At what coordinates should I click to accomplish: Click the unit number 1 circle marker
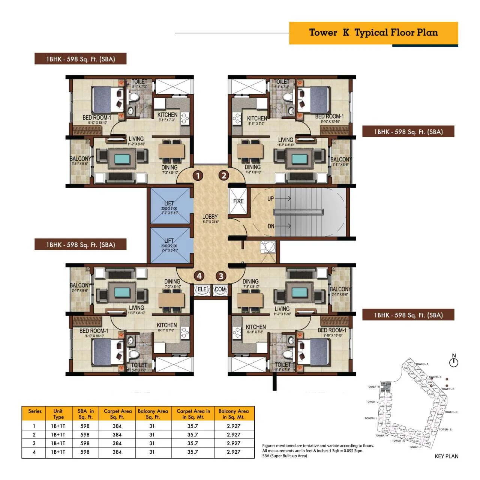click(198, 175)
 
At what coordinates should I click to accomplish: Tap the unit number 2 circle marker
click(224, 175)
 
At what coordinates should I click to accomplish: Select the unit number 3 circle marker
click(221, 276)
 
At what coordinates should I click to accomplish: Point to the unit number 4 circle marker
click(199, 276)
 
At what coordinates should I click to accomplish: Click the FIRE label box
click(238, 201)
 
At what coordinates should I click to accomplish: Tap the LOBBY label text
click(210, 217)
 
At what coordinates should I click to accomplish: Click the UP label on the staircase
click(271, 198)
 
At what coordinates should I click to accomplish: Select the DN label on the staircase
click(271, 226)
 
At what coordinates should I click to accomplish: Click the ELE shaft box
click(202, 290)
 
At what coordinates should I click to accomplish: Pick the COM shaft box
click(220, 290)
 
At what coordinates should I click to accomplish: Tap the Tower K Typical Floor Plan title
click(373, 33)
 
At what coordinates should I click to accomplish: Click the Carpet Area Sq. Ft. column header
click(118, 414)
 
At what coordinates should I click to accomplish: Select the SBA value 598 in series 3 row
click(85, 443)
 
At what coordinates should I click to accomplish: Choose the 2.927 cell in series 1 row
click(233, 426)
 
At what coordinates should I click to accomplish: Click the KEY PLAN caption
click(446, 456)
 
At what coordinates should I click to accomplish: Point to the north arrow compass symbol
click(454, 362)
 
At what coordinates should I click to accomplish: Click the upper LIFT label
click(169, 204)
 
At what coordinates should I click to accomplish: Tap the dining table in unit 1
click(172, 151)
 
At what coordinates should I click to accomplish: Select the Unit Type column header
click(58, 414)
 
